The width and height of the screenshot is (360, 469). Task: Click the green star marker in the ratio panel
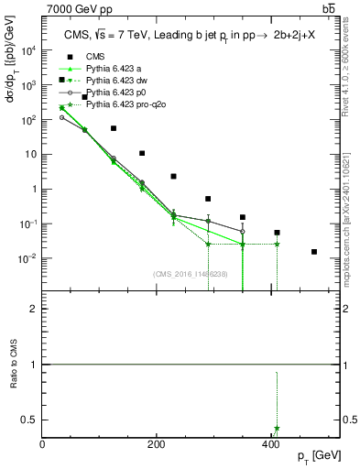277,428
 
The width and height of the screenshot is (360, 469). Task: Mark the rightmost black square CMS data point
314,252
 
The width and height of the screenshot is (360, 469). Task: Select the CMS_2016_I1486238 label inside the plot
191,274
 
